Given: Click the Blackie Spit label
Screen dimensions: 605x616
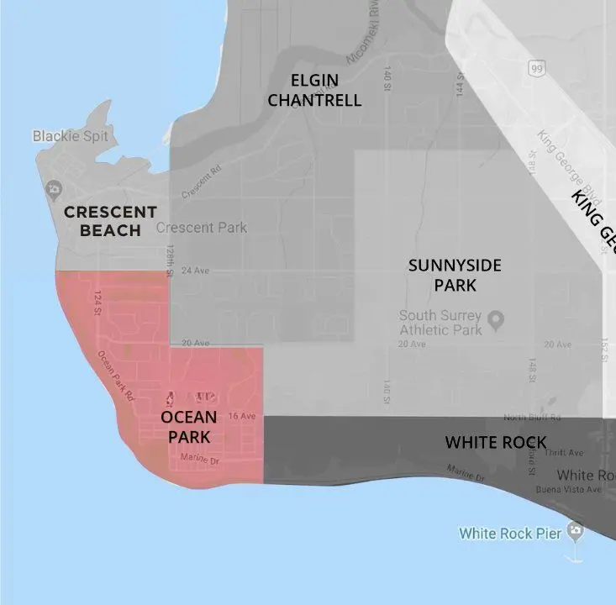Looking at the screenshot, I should [70, 135].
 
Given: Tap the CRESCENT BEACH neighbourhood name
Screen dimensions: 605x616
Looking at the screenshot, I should [110, 220].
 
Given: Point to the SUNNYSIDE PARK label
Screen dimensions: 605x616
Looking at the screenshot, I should [455, 275].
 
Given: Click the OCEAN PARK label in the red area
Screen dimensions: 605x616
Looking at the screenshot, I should [188, 427].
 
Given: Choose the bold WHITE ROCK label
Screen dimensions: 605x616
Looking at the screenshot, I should [496, 442].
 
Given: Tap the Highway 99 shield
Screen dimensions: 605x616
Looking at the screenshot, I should [536, 68].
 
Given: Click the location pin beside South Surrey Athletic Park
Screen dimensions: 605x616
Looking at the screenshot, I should [496, 319].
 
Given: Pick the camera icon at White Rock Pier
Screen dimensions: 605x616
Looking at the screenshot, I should [575, 531].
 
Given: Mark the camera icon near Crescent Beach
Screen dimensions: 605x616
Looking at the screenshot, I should [55, 187].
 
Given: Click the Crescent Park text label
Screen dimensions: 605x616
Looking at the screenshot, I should [202, 228].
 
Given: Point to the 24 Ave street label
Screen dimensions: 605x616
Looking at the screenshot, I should [194, 271].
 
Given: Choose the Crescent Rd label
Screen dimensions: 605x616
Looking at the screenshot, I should [200, 179].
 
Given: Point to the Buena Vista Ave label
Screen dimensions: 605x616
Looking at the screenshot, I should [571, 489].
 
